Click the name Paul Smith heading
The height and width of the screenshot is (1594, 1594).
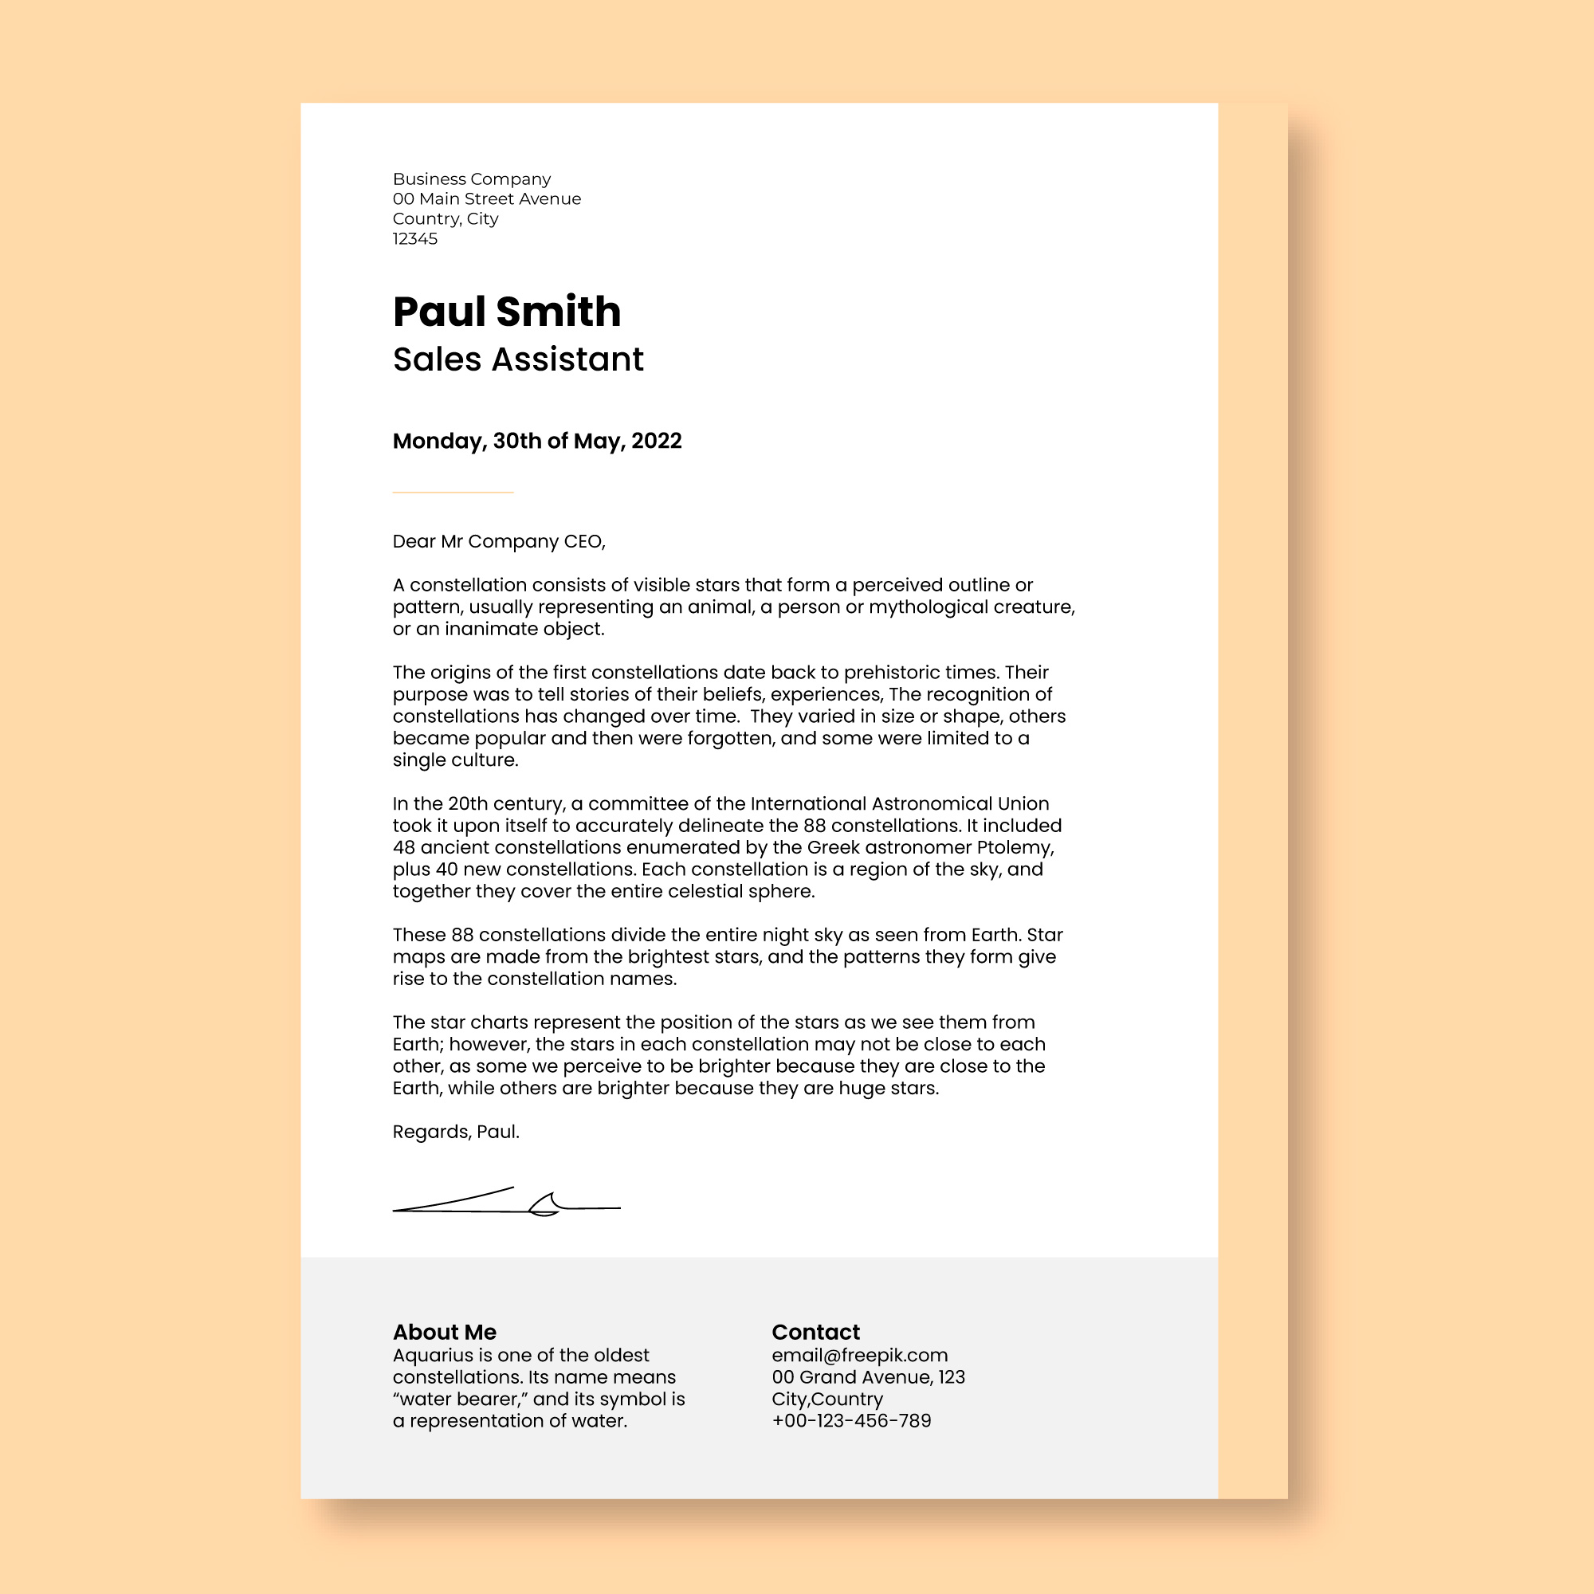click(507, 312)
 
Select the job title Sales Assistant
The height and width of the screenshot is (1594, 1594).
click(517, 359)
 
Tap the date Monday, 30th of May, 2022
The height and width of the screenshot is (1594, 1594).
click(537, 442)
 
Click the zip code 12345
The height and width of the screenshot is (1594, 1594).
click(415, 239)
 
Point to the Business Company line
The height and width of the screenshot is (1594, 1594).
click(471, 179)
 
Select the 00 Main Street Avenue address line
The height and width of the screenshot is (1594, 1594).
click(486, 198)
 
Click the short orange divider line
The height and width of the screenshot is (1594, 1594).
click(453, 493)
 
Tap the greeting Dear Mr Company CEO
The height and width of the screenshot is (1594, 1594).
click(498, 541)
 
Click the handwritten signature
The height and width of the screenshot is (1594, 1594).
click(506, 1203)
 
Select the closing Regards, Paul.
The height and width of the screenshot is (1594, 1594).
click(455, 1132)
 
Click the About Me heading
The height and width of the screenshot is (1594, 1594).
click(444, 1332)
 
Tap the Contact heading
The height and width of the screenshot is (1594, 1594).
click(815, 1332)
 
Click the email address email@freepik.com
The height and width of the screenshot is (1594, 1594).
click(860, 1356)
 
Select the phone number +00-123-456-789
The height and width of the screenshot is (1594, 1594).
click(851, 1421)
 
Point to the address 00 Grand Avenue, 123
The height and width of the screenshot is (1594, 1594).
click(868, 1377)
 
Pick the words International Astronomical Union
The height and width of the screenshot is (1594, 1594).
click(899, 803)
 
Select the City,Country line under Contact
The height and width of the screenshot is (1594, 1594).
click(826, 1400)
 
